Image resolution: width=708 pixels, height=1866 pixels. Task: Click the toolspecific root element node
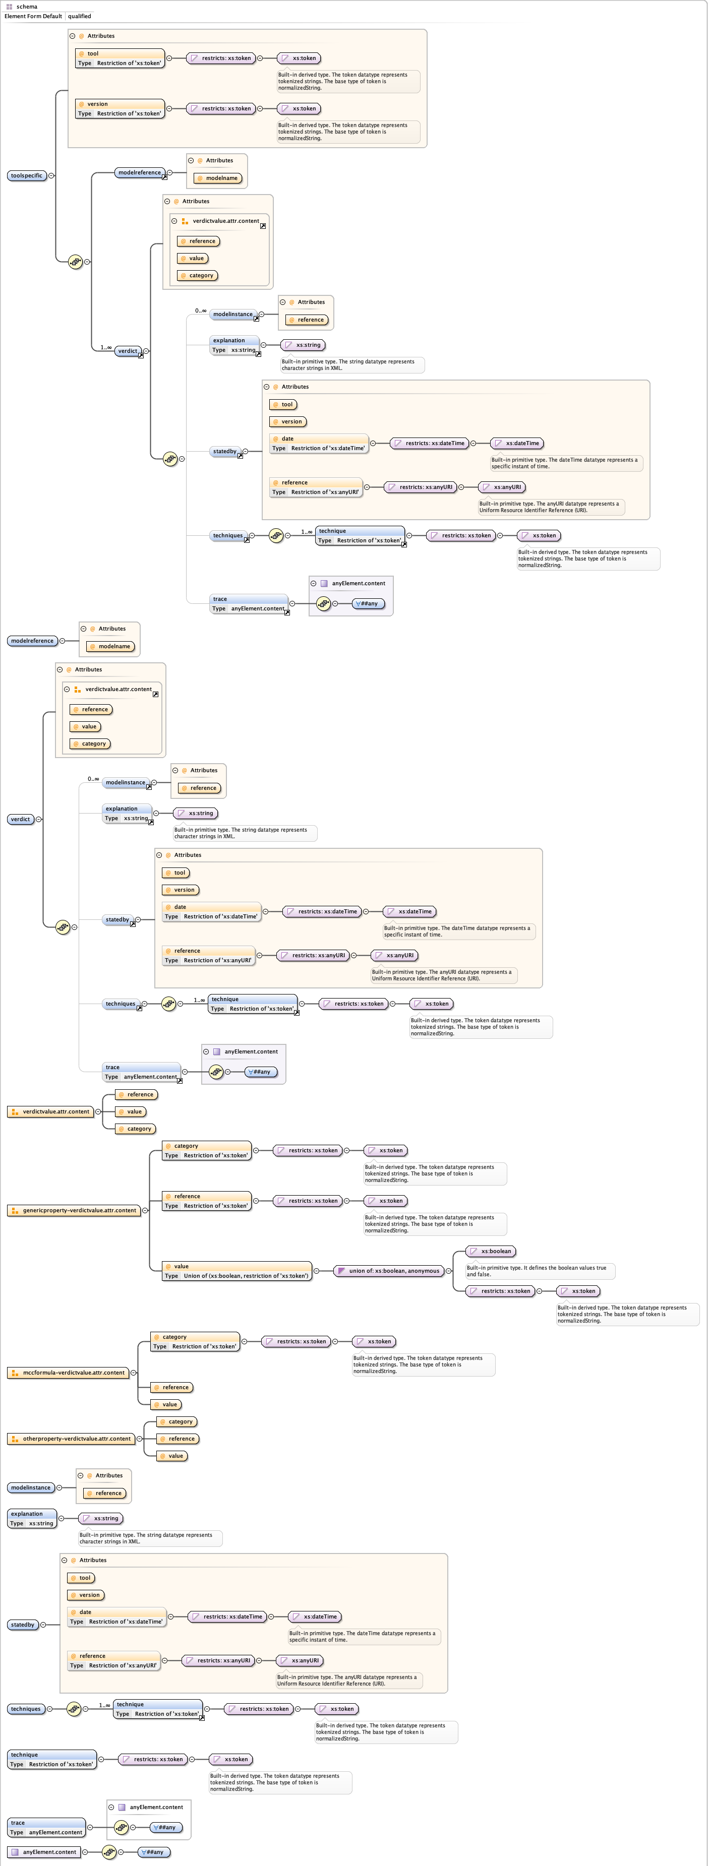27,175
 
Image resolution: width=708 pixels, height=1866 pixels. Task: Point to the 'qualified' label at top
80,16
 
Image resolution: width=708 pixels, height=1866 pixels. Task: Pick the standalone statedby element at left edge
23,1624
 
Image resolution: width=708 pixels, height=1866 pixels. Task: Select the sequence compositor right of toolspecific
75,262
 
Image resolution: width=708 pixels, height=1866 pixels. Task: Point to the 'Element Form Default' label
33,16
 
